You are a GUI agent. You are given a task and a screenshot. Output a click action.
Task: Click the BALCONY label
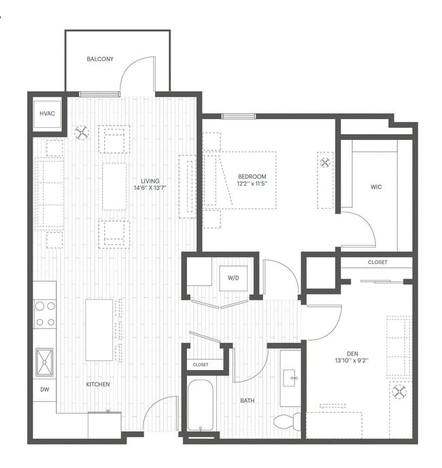100,59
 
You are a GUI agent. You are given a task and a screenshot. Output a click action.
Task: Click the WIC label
375,186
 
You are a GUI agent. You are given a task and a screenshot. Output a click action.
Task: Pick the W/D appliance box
233,278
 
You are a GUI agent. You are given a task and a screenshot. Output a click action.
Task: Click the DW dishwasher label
45,390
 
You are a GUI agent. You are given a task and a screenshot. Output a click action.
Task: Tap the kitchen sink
45,362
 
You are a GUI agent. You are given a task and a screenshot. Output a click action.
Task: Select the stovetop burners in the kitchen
45,314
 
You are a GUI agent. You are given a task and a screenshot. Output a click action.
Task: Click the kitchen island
99,330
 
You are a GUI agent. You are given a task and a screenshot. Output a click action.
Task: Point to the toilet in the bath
286,422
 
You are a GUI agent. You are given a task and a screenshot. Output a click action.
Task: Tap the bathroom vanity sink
290,375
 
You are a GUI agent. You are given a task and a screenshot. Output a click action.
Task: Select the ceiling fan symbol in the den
398,392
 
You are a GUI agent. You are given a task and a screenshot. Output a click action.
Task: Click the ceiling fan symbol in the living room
82,133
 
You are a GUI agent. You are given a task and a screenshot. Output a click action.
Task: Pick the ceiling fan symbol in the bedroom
325,163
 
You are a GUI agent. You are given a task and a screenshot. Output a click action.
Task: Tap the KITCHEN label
98,384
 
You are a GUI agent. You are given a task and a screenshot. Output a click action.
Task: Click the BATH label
248,401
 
